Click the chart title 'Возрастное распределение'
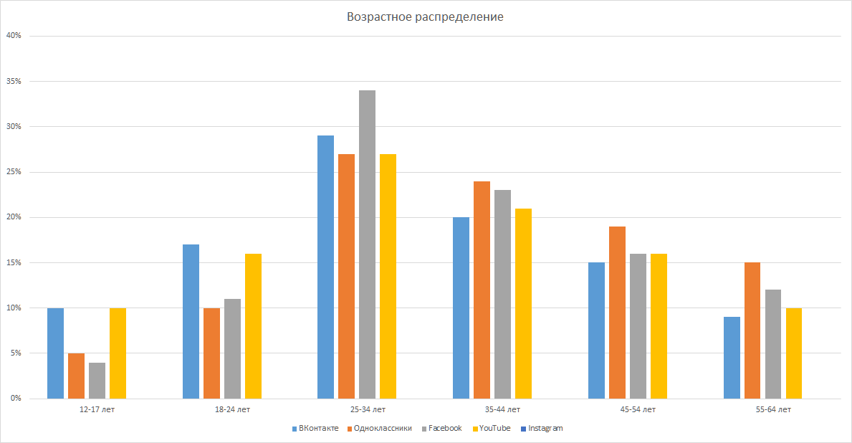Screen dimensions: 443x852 425,16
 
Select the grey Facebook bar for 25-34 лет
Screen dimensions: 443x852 367,244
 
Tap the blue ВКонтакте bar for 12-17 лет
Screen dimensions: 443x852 55,353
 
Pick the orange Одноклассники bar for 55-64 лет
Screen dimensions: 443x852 752,330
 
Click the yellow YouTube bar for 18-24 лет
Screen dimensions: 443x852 253,325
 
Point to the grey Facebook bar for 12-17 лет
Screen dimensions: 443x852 97,380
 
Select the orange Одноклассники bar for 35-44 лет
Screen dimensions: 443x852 482,290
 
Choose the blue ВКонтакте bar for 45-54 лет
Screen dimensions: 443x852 596,330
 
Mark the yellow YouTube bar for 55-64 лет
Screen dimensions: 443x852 794,353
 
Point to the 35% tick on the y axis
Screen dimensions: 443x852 14,81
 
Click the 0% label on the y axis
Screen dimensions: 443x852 15,399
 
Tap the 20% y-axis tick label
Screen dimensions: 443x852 14,217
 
